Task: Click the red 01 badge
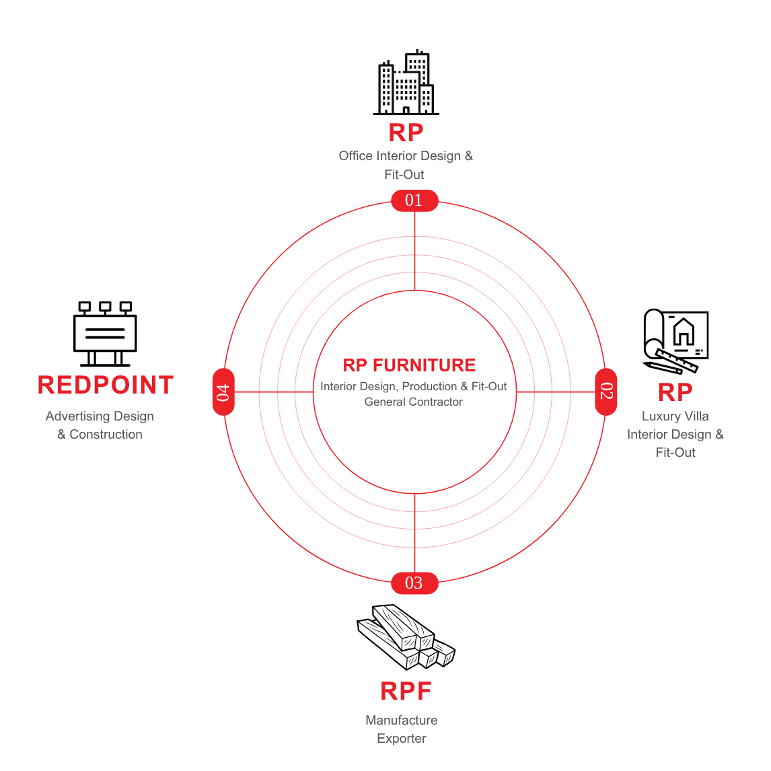(414, 200)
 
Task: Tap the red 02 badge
(605, 392)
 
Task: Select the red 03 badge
(414, 583)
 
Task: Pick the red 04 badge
(223, 392)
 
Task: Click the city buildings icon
(406, 82)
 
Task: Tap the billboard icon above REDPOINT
(105, 334)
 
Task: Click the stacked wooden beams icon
(406, 637)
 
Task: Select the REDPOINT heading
(106, 385)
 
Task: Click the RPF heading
(406, 691)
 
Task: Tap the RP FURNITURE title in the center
(409, 365)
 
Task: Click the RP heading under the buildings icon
(406, 133)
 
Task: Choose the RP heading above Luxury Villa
(675, 392)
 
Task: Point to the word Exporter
(401, 739)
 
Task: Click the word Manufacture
(401, 721)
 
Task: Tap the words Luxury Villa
(675, 416)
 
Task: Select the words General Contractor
(413, 402)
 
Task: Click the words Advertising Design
(100, 417)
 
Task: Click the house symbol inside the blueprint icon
(684, 332)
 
